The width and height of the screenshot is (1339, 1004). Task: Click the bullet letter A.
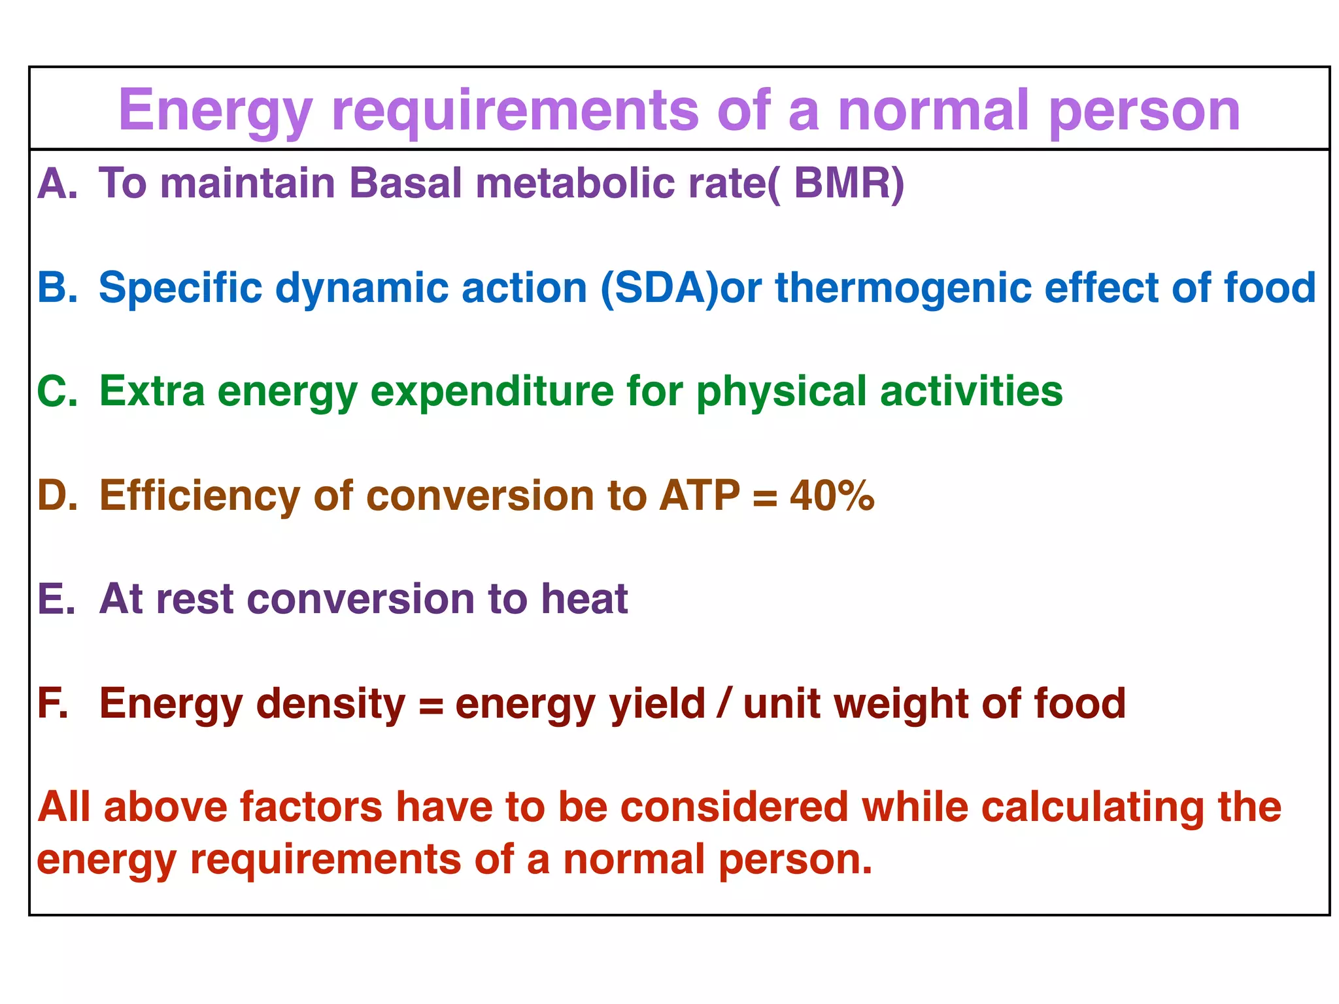click(x=55, y=184)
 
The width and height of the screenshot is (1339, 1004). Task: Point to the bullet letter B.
click(x=55, y=288)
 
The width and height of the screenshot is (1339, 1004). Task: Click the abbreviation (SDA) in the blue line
click(x=659, y=288)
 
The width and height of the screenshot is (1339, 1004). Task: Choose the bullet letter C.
click(x=55, y=392)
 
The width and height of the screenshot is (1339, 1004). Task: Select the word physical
click(x=781, y=393)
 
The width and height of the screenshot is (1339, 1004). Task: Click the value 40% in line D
click(x=832, y=495)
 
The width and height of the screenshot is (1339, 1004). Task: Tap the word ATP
click(x=700, y=495)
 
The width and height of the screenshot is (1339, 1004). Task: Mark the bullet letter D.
click(x=55, y=495)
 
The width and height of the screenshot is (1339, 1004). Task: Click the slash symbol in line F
click(x=723, y=703)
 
